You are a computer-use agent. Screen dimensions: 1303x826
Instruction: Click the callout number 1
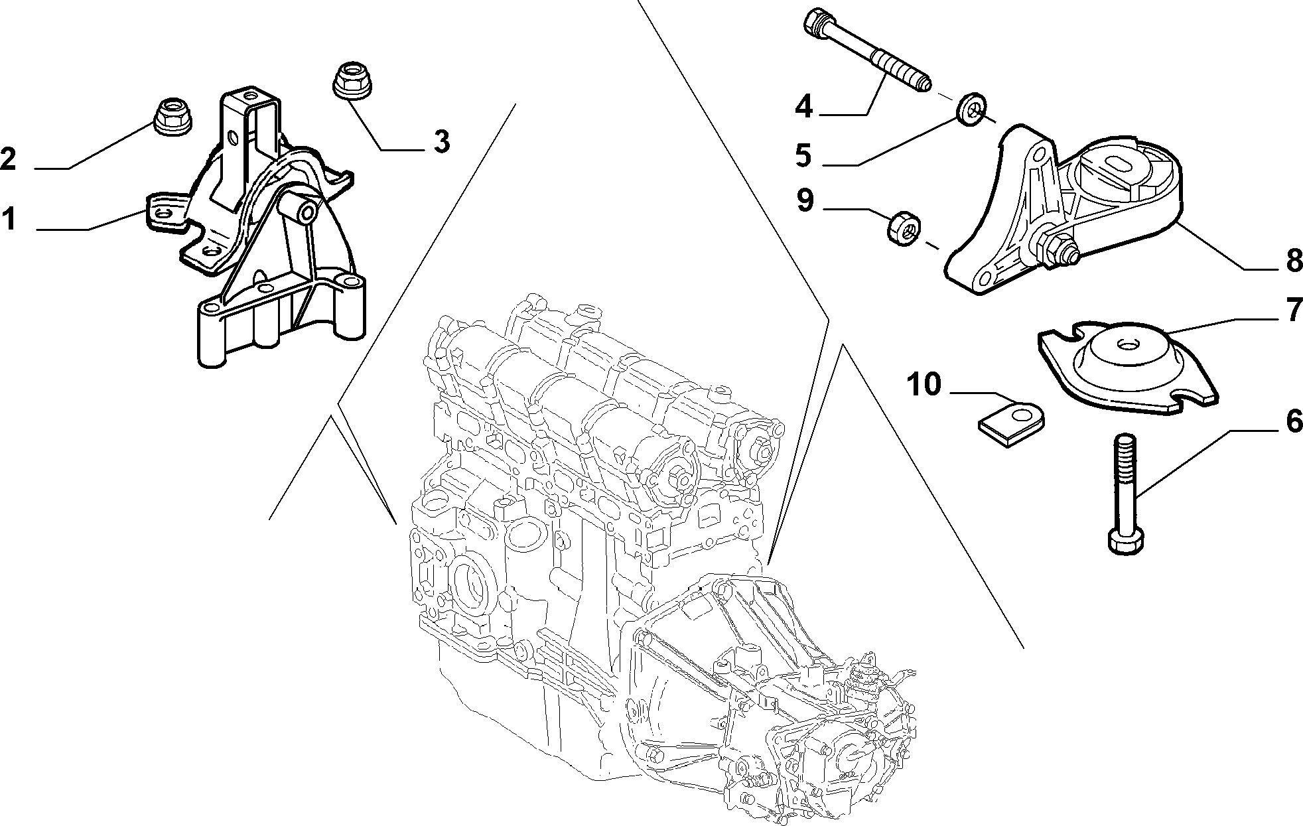[x=9, y=220]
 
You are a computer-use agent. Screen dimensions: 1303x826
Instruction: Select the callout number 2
[x=9, y=159]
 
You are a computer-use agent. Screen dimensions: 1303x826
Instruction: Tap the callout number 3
[x=441, y=141]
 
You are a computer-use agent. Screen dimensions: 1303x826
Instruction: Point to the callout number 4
[x=804, y=106]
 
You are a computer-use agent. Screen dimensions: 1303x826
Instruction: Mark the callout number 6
[x=1294, y=422]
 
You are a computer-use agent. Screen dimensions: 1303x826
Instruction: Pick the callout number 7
[x=1294, y=310]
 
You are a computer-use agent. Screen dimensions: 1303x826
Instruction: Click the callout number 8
[x=1294, y=260]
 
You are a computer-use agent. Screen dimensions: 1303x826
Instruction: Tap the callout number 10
[x=924, y=384]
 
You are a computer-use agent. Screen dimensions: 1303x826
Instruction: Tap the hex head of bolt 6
[x=1126, y=541]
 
